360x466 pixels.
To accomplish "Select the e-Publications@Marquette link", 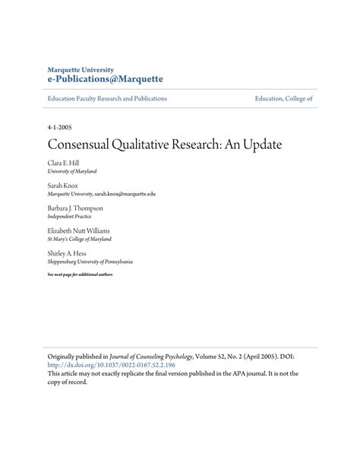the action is [x=105, y=79].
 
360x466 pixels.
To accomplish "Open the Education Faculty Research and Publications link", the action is [x=107, y=99].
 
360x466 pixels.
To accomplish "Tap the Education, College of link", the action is [x=284, y=99].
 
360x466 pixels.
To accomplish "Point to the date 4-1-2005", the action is [x=61, y=127].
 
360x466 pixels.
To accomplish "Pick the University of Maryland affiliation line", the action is [x=72, y=172].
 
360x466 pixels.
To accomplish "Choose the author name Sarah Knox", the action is [x=62, y=185].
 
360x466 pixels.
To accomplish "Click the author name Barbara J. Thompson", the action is [x=74, y=208].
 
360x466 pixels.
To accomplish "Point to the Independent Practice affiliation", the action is [x=71, y=216].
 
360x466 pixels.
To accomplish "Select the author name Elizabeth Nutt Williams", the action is [x=78, y=230].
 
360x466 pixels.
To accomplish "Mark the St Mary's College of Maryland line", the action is [x=82, y=239].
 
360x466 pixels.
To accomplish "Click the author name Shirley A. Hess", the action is [x=67, y=252].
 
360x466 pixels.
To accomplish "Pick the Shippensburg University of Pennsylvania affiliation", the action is [x=90, y=261].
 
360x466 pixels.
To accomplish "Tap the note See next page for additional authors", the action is [x=80, y=274].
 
